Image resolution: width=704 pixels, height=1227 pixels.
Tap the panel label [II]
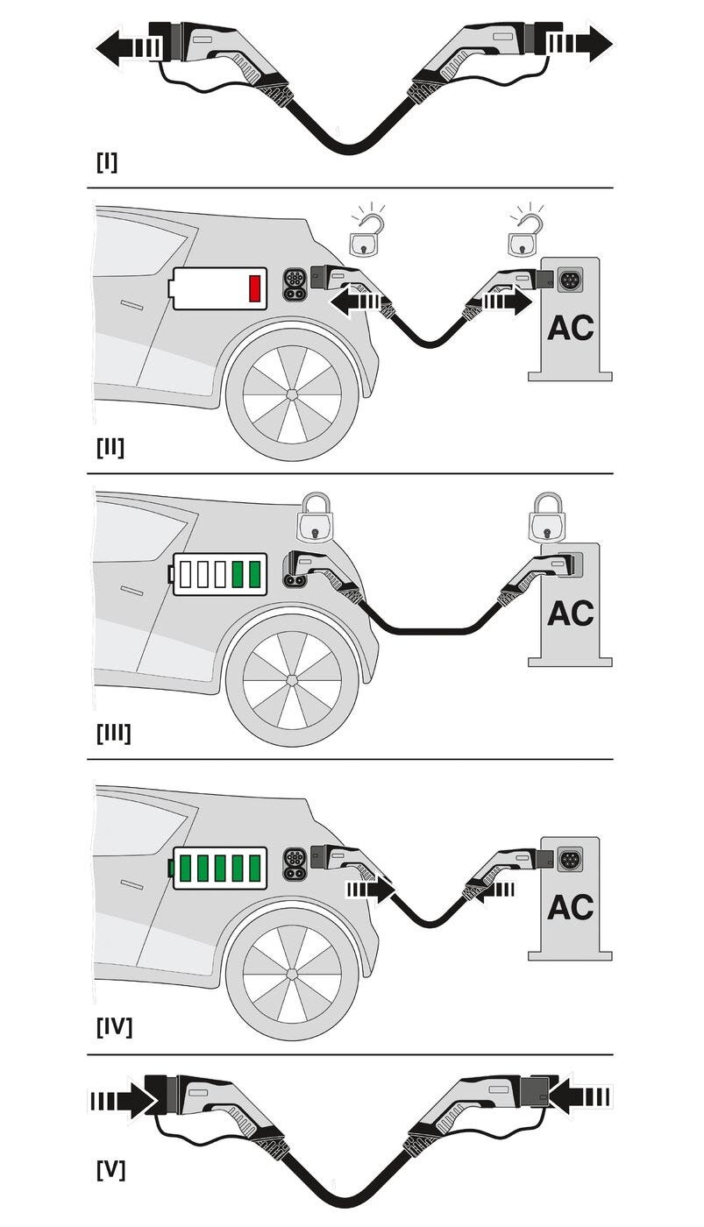(x=110, y=447)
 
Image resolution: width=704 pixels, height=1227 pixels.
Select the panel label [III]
(x=114, y=733)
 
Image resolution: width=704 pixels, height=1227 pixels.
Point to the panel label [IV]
(x=114, y=1025)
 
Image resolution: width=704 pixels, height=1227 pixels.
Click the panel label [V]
(x=110, y=1169)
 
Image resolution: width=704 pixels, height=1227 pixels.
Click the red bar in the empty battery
(x=255, y=288)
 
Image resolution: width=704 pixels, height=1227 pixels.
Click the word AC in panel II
(x=570, y=328)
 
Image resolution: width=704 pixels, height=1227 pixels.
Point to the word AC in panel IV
(x=570, y=907)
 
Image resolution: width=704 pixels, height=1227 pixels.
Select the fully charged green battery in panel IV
(x=219, y=868)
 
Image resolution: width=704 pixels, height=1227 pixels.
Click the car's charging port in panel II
(x=294, y=283)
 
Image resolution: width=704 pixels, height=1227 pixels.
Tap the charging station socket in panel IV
(x=572, y=856)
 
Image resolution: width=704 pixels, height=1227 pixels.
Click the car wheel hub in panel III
(x=291, y=680)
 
